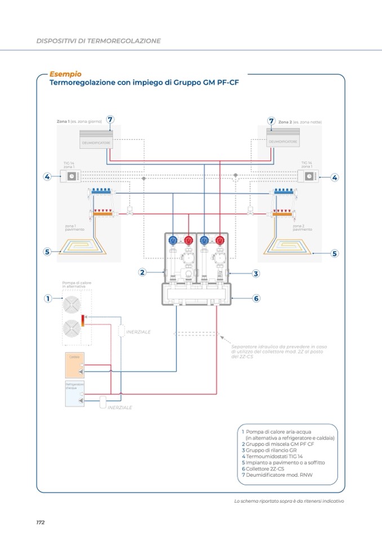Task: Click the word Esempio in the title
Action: tap(65, 74)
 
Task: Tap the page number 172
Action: tap(41, 522)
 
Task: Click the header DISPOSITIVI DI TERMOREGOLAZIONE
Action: tap(99, 41)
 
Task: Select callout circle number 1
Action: tap(48, 298)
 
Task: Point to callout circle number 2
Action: tap(143, 272)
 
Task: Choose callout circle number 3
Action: tap(255, 274)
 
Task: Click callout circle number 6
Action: tap(255, 298)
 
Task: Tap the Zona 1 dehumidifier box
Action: tap(95, 139)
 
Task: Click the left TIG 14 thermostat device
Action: tap(72, 177)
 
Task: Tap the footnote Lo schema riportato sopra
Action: tap(288, 502)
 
